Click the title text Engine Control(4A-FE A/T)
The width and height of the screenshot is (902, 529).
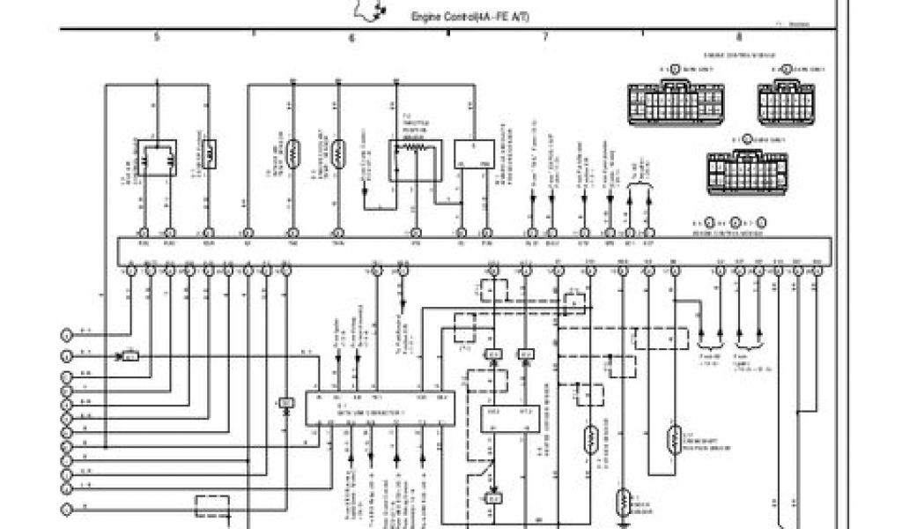tap(470, 18)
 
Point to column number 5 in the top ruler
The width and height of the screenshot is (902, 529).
tap(157, 37)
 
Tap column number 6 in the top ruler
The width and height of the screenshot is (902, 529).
tap(351, 38)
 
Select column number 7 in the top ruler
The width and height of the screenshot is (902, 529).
tap(545, 37)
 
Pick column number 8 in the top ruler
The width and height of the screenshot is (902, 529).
tap(738, 37)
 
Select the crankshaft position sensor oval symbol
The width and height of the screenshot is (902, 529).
tap(674, 438)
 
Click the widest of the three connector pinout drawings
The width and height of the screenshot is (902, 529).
tap(676, 103)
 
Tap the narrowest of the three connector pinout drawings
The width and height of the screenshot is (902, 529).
tap(785, 103)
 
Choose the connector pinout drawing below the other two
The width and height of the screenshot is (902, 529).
tap(747, 171)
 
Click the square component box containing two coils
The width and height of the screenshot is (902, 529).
tap(156, 158)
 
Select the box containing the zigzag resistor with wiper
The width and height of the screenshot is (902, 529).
tap(415, 160)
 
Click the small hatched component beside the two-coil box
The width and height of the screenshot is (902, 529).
tap(210, 154)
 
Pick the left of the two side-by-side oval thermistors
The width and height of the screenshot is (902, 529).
tap(293, 153)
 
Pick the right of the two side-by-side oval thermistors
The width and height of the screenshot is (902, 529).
tap(338, 153)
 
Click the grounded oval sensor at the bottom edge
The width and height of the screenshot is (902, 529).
tap(624, 503)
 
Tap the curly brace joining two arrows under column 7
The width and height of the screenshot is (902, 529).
tap(639, 184)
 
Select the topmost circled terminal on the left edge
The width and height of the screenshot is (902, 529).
tap(66, 334)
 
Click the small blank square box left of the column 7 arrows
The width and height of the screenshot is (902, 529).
tap(474, 154)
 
